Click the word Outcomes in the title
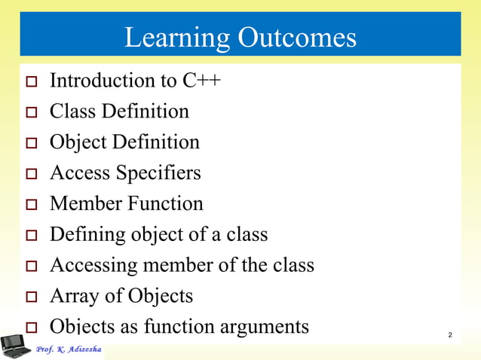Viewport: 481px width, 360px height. [x=297, y=37]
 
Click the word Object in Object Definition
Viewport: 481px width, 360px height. [x=76, y=142]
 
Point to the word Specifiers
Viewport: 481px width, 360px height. [x=158, y=173]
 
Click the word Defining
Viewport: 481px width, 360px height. [x=84, y=235]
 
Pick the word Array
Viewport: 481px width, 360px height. [x=69, y=296]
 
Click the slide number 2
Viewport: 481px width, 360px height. [x=449, y=334]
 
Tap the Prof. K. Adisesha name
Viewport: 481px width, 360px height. [x=69, y=350]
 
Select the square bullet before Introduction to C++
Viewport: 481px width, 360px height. [x=31, y=82]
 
